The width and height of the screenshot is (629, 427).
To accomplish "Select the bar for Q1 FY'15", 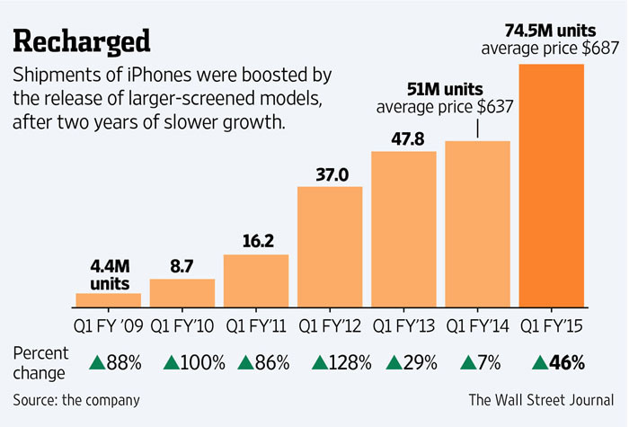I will coord(551,184).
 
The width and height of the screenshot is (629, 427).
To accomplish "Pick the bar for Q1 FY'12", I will coord(330,246).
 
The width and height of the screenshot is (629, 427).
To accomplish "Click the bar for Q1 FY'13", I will coord(403,228).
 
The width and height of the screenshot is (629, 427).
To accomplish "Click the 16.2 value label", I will coord(256,242).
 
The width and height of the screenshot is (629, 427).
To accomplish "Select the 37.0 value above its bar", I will coord(330,173).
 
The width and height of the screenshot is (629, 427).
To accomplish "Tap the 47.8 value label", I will coord(403,138).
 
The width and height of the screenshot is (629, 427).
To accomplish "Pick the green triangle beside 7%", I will coord(466,363).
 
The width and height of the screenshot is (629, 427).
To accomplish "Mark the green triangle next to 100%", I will coord(170,363).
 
